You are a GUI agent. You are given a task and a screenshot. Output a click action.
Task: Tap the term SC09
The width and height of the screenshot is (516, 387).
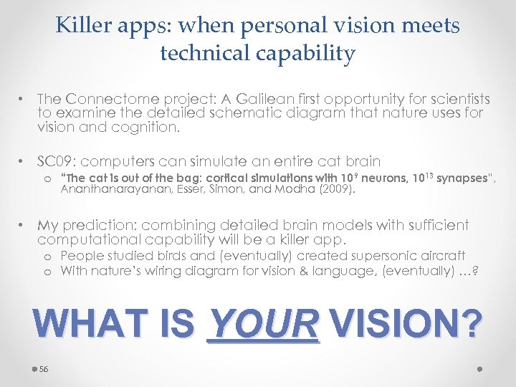(57, 161)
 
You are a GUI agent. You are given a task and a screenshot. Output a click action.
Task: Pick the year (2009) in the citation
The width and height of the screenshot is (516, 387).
(336, 190)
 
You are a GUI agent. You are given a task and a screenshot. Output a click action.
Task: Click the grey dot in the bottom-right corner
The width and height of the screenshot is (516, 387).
(479, 368)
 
